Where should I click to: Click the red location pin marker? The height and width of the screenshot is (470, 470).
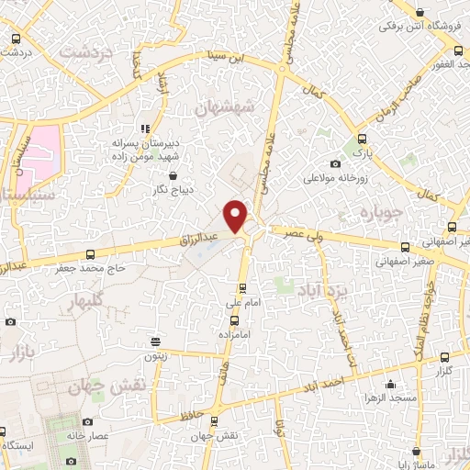[237, 216]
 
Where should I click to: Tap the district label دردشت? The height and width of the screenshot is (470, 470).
[85, 52]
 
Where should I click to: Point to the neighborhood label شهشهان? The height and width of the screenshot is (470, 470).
[223, 108]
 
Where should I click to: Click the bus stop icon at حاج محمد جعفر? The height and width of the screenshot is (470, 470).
[90, 255]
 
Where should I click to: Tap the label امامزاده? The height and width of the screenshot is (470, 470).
[235, 337]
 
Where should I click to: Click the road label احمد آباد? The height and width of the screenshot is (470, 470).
[332, 374]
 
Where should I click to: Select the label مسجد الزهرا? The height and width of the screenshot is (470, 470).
[400, 398]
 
